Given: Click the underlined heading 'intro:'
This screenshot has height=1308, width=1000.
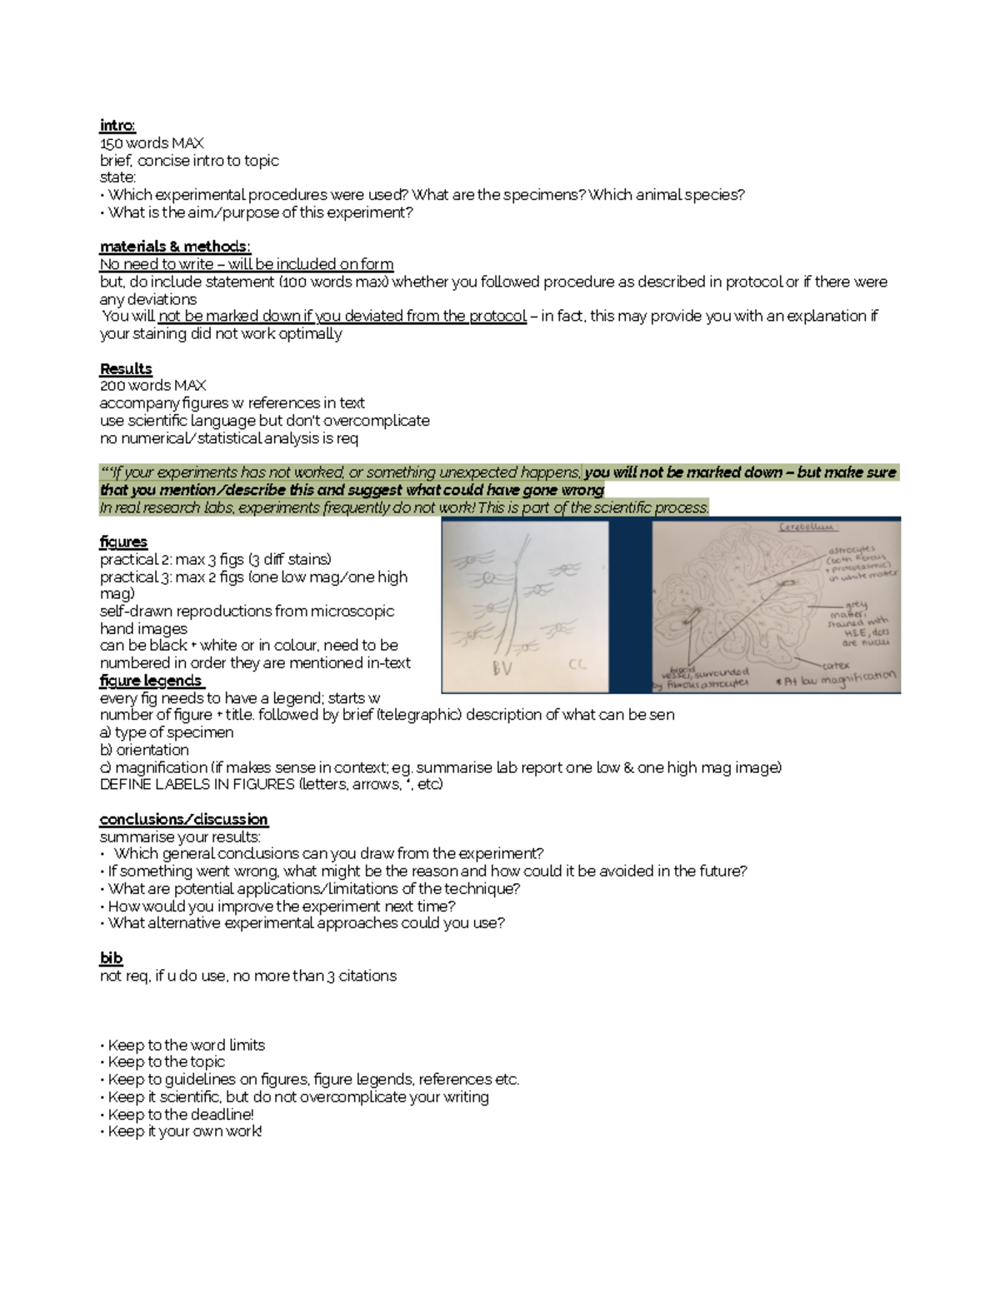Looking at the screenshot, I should click(117, 126).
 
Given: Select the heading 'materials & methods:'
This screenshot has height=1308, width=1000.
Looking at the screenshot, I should click(175, 247).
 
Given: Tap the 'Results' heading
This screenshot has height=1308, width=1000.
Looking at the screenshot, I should click(126, 368).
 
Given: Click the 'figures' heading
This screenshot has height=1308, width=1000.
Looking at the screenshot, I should click(123, 542).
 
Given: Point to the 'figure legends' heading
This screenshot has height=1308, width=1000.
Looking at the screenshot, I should click(151, 681).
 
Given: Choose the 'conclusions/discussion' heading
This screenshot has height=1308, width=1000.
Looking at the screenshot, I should click(183, 819).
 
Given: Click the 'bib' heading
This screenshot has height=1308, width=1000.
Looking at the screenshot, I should click(111, 958).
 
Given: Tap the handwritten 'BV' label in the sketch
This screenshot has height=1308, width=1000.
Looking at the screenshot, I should click(502, 667).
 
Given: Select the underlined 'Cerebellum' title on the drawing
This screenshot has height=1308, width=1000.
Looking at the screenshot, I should click(807, 527).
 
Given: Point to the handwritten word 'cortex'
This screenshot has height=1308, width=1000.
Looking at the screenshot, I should click(835, 665).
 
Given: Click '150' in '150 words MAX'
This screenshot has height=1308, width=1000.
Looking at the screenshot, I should click(111, 143).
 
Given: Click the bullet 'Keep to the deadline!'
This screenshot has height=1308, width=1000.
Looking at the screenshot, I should click(180, 1114).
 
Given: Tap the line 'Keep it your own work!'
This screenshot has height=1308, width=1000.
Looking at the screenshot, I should click(184, 1131).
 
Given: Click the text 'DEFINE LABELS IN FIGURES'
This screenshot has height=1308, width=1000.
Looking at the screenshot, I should click(197, 784).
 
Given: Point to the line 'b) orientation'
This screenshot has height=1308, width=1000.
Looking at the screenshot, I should click(144, 750).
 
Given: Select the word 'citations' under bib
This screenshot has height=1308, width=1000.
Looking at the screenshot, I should click(367, 976).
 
